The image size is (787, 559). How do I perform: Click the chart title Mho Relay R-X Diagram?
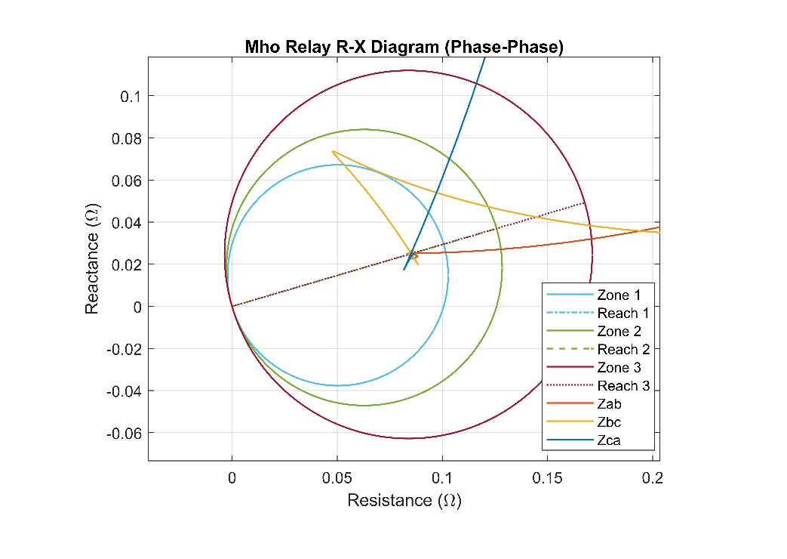pos(404,47)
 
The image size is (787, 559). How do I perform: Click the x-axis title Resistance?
pos(404,500)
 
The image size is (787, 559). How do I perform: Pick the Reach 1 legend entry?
pos(623,313)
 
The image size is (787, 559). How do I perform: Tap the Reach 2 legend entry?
pos(623,349)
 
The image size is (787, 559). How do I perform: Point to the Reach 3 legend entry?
pos(623,385)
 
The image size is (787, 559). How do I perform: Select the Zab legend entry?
pos(609,403)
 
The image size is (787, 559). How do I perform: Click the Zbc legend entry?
pos(609,422)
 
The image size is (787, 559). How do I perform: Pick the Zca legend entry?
pos(609,440)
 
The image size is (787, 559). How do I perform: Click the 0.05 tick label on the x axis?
pos(337,478)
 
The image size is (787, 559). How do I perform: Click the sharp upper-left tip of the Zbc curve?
pos(333,151)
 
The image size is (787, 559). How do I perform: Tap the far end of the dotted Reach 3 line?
pos(586,202)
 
